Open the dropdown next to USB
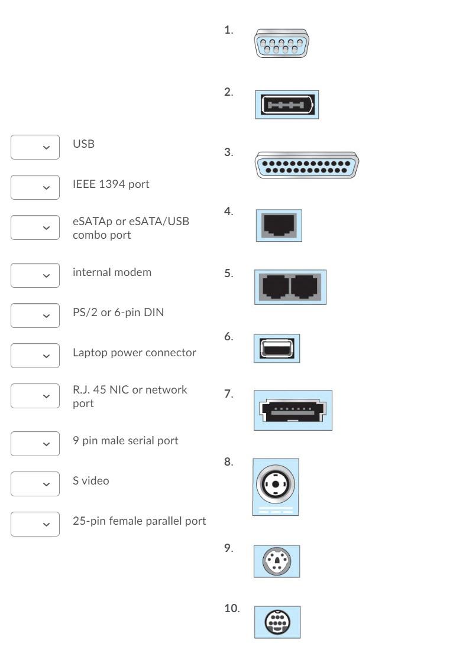click(x=35, y=147)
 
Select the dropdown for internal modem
click(x=35, y=275)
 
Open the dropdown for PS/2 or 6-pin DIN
click(x=35, y=315)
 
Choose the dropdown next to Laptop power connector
click(x=35, y=355)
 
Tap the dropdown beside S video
click(x=35, y=483)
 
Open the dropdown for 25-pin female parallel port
click(x=35, y=524)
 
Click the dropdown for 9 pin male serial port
click(x=35, y=443)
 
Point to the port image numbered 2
click(x=287, y=106)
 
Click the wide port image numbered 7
click(x=292, y=409)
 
